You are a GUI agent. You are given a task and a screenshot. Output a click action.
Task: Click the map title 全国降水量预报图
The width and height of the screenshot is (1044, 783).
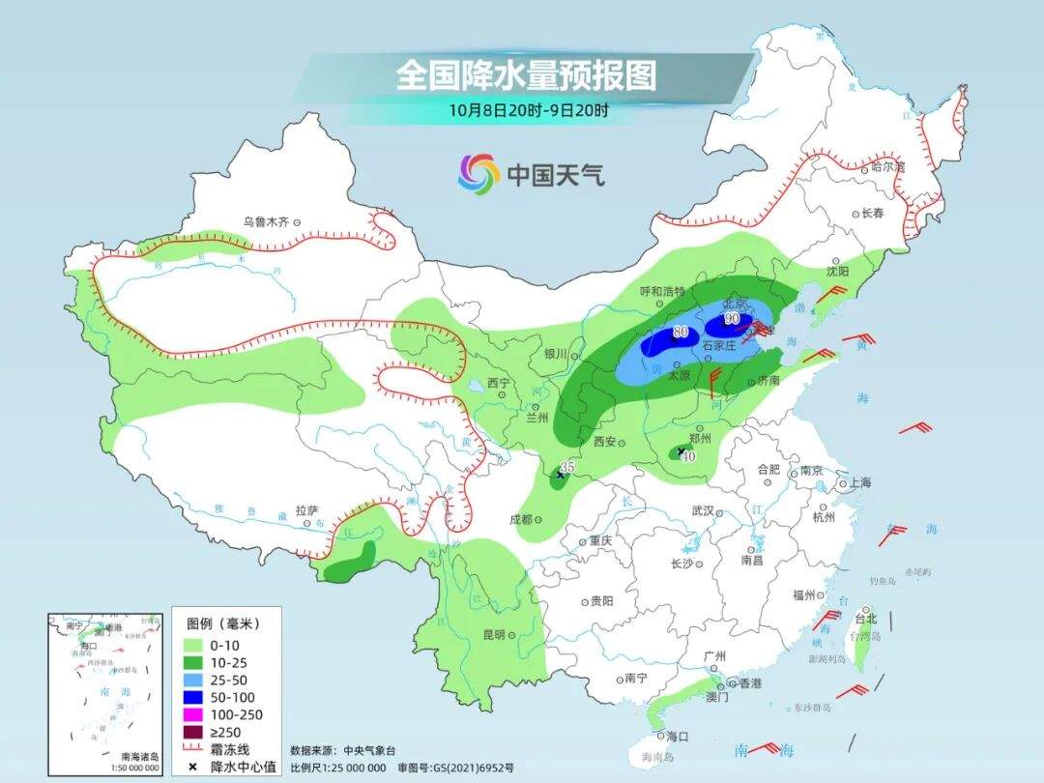pyautogui.click(x=525, y=75)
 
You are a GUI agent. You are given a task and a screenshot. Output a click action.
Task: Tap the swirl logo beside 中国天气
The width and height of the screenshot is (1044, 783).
pyautogui.click(x=478, y=174)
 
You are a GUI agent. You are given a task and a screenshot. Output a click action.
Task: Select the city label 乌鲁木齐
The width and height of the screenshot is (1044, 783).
pyautogui.click(x=266, y=221)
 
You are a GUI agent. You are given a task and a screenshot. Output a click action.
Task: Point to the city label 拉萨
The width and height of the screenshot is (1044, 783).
pyautogui.click(x=306, y=509)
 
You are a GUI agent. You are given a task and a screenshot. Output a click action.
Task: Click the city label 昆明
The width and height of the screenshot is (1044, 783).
pyautogui.click(x=493, y=635)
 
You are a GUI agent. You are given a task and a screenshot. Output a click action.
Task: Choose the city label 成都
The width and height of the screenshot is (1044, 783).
pyautogui.click(x=520, y=519)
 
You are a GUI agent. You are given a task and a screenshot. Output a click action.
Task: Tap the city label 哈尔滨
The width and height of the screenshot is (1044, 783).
pyautogui.click(x=887, y=166)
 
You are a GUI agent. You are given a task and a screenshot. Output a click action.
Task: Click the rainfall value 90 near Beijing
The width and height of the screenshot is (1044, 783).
pyautogui.click(x=732, y=318)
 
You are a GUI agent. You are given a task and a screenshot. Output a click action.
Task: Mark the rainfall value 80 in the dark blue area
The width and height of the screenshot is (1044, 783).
pyautogui.click(x=681, y=333)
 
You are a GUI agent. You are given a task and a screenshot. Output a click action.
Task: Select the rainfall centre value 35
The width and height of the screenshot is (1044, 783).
pyautogui.click(x=568, y=467)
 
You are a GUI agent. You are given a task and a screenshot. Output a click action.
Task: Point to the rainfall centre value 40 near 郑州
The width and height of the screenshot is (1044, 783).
pyautogui.click(x=688, y=457)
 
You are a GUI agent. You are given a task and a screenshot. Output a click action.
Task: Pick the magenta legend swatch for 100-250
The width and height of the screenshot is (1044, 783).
pyautogui.click(x=190, y=714)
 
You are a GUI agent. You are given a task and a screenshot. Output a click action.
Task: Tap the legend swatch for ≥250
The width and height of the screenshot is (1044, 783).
pyautogui.click(x=190, y=732)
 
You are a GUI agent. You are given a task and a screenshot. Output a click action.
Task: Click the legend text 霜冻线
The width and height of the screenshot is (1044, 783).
pyautogui.click(x=231, y=749)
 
